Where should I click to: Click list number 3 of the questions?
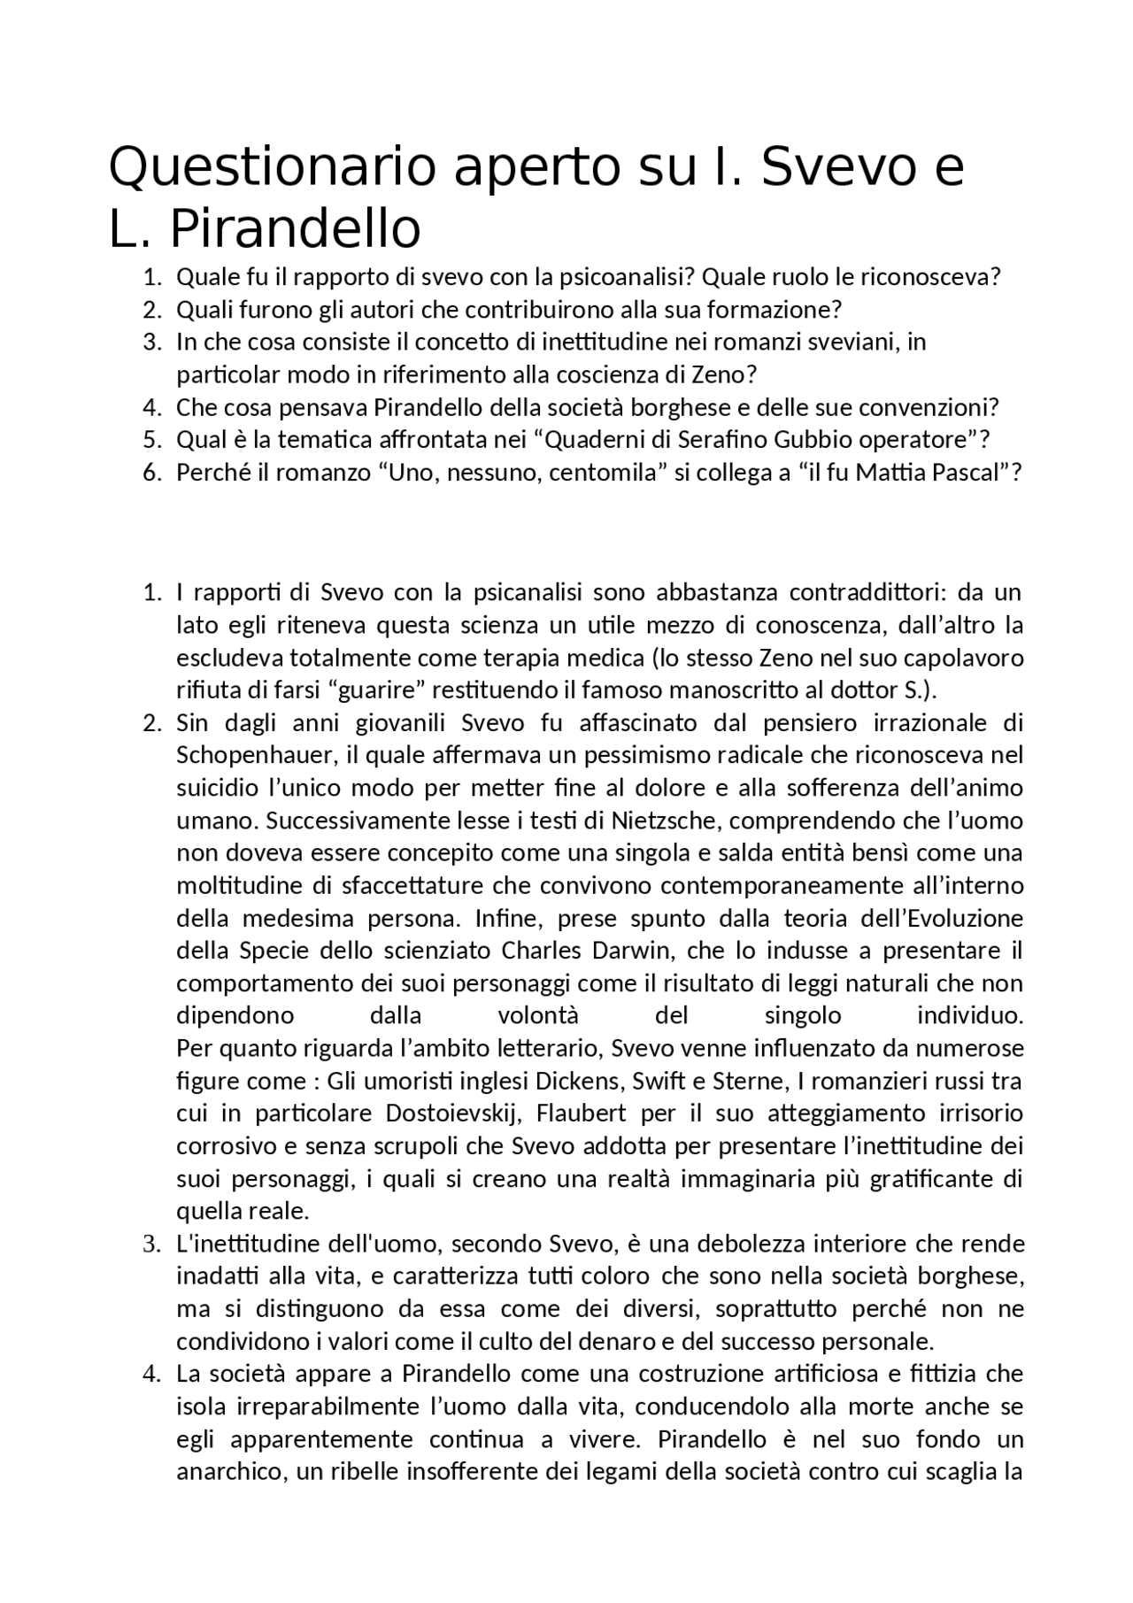[x=151, y=343]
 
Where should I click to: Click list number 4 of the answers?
[x=151, y=1375]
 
